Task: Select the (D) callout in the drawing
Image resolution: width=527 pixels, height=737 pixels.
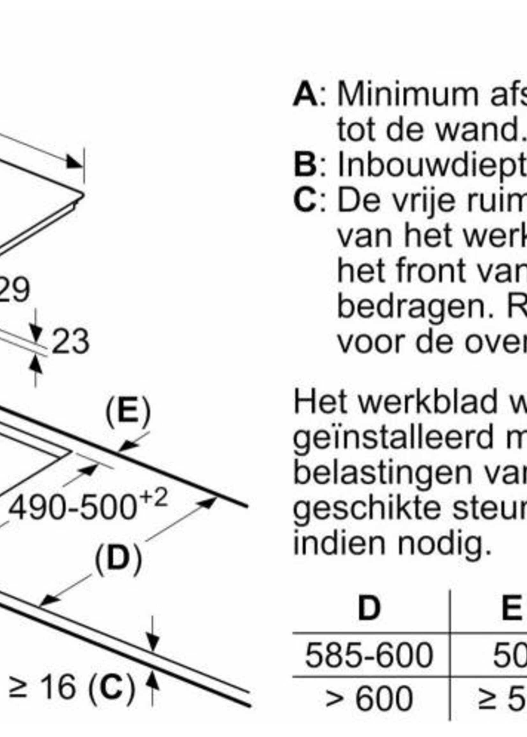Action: click(118, 558)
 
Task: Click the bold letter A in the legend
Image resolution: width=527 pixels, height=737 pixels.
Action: click(305, 95)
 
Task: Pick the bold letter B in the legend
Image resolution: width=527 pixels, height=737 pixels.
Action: click(305, 166)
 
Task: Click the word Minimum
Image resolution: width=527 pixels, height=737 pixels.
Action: click(408, 95)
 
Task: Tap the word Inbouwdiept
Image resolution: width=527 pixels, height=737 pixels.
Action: click(432, 166)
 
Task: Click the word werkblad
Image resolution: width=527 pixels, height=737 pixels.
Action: click(427, 402)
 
